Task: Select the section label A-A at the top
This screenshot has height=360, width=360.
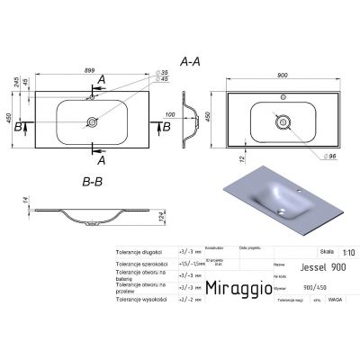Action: click(x=191, y=63)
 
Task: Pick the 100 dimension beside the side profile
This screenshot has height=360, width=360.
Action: click(x=169, y=114)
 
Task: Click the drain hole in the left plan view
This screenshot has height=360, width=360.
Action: click(x=93, y=119)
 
